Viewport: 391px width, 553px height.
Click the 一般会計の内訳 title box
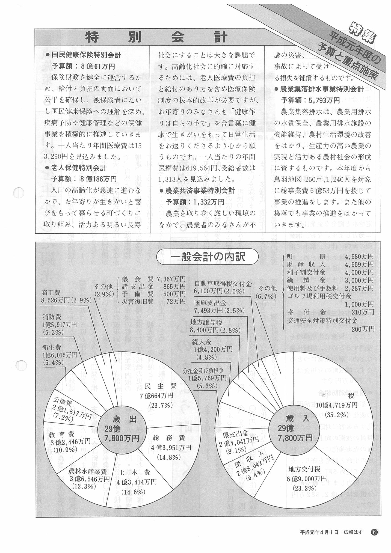point(208,257)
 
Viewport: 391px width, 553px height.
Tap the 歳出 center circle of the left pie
point(122,433)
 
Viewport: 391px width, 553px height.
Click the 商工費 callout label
point(66,296)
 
